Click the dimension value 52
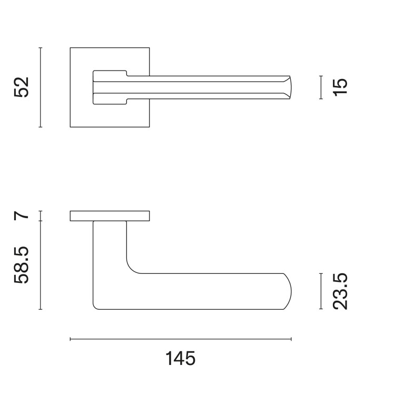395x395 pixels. (22, 87)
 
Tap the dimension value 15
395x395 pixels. (340, 87)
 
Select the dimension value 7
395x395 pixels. (22, 215)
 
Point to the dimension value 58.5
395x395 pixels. (22, 265)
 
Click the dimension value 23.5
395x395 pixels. (340, 291)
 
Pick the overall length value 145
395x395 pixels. (180, 358)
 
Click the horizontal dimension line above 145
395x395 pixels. (181, 339)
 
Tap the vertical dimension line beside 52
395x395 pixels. (41, 87)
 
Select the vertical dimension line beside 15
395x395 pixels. (321, 87)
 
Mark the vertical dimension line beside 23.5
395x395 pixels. (321, 291)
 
